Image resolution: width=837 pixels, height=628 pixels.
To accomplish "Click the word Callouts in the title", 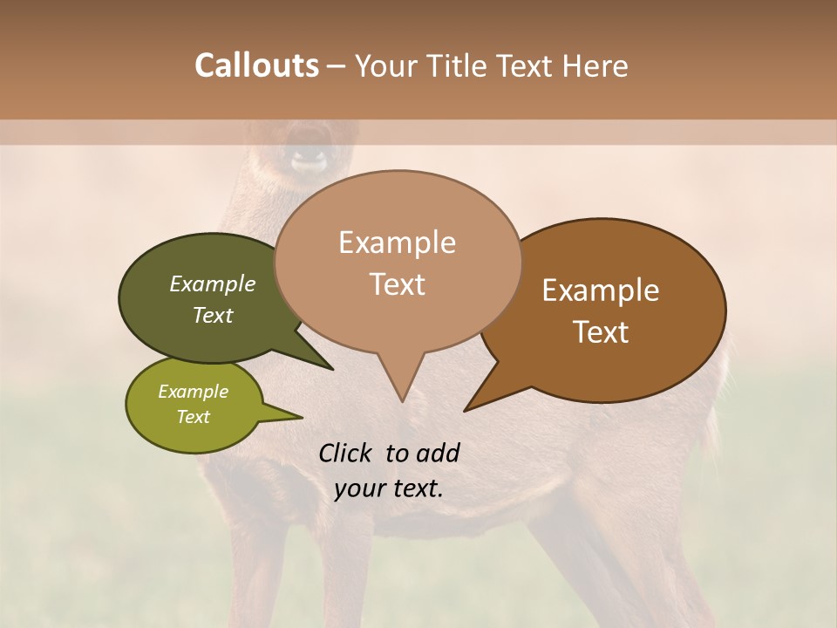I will pyautogui.click(x=256, y=65).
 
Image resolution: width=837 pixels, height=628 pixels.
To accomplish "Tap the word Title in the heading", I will pyautogui.click(x=460, y=65).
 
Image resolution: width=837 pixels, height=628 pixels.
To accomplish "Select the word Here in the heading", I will pyautogui.click(x=595, y=65).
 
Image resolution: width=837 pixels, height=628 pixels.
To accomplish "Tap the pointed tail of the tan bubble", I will pyautogui.click(x=400, y=384).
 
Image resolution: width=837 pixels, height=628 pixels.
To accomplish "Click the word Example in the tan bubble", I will pyautogui.click(x=397, y=242).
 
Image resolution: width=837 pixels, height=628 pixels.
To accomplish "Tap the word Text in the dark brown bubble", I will pyautogui.click(x=601, y=332).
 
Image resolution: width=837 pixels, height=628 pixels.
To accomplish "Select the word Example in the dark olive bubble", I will pyautogui.click(x=212, y=283).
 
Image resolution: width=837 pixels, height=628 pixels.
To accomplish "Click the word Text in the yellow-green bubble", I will pyautogui.click(x=193, y=417).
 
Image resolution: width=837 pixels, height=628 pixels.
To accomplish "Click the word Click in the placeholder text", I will pyautogui.click(x=345, y=453).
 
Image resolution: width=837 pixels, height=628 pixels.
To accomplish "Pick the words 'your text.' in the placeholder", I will pyautogui.click(x=388, y=488).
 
